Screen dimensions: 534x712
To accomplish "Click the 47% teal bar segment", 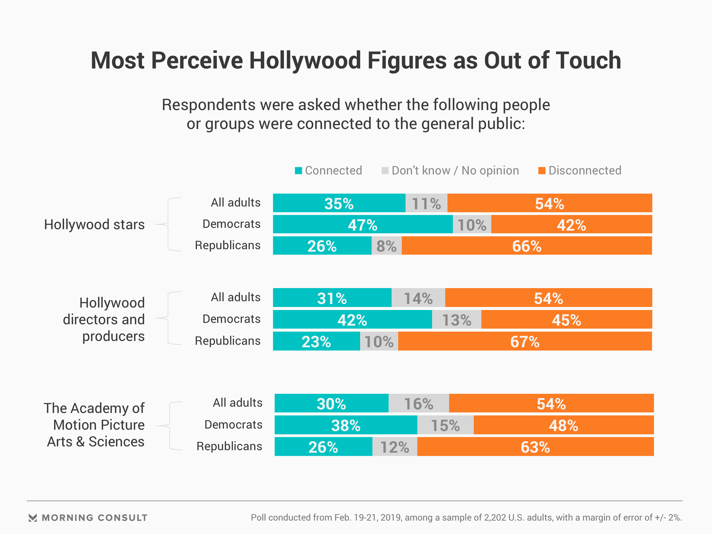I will (x=363, y=224).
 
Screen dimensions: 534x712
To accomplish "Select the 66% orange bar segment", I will (x=527, y=245).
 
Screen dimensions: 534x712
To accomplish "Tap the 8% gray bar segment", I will (x=386, y=245).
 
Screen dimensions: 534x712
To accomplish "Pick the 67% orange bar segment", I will (x=525, y=341).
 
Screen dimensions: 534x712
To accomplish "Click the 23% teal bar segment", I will (x=316, y=341).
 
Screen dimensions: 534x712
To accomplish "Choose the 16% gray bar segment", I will (x=419, y=403).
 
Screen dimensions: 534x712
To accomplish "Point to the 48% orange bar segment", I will (x=563, y=425).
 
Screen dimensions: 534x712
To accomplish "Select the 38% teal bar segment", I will (x=346, y=425).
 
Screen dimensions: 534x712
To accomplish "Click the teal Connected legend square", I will (x=299, y=171).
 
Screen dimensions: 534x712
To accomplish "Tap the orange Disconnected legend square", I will (x=542, y=171).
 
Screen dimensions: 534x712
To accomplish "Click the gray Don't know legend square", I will (x=385, y=171).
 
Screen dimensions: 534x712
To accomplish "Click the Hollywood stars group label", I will (x=94, y=225).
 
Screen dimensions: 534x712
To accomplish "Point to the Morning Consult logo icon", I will (x=33, y=518).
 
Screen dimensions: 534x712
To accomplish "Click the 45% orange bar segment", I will (x=566, y=320).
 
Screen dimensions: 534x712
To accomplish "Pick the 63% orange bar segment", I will (x=535, y=447).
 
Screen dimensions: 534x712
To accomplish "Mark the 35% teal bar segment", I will (x=339, y=203).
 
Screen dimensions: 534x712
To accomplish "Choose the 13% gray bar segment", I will (x=456, y=320).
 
